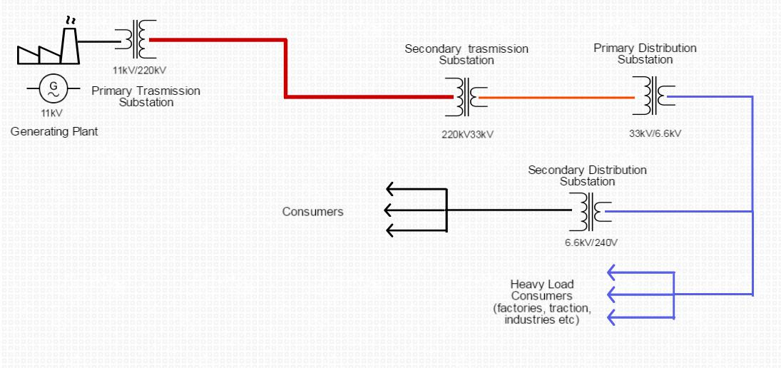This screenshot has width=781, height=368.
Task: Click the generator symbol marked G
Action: click(53, 88)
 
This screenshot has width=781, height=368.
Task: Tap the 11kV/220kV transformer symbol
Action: click(136, 40)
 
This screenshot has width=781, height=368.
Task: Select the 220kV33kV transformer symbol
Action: click(467, 96)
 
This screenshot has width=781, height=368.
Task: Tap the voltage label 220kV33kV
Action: click(468, 133)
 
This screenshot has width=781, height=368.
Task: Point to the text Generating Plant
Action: click(54, 131)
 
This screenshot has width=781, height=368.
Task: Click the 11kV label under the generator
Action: click(53, 113)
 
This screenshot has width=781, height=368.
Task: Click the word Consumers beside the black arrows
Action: click(312, 212)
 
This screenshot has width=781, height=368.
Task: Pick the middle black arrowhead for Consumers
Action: click(391, 210)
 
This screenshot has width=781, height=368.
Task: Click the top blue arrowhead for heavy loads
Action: click(611, 272)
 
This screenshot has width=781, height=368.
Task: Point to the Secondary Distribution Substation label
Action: click(587, 175)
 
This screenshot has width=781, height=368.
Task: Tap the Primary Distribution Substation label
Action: click(645, 53)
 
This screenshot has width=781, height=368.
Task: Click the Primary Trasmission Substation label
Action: click(146, 96)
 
